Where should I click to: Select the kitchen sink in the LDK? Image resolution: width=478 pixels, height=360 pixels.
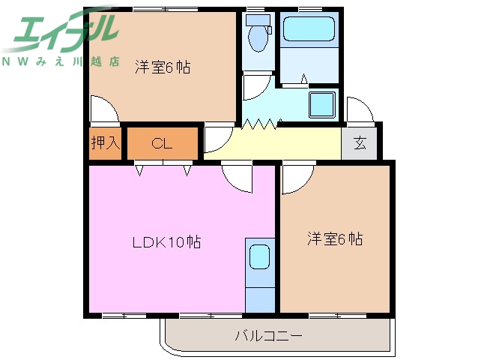[x=260, y=257]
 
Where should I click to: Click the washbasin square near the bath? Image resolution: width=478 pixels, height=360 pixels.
[x=323, y=105]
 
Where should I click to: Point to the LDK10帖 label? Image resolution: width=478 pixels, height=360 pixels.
[x=166, y=242]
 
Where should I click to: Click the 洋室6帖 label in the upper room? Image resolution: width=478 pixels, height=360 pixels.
[x=162, y=67]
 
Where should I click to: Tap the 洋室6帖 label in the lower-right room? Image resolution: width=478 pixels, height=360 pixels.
[x=334, y=239]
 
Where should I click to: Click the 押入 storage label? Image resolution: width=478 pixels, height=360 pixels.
[x=105, y=143]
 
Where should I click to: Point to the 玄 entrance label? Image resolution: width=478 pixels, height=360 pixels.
[x=360, y=143]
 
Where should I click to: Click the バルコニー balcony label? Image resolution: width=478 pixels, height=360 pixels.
[x=269, y=335]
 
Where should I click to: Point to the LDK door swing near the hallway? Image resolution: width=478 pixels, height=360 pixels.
[x=239, y=177]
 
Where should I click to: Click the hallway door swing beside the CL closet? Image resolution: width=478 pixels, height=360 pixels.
[x=216, y=139]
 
